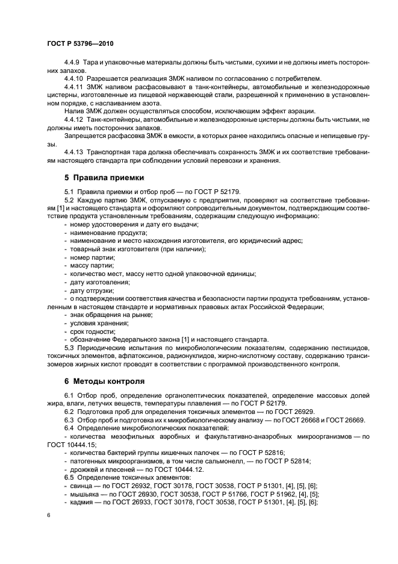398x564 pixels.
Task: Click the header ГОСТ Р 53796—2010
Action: point(80,44)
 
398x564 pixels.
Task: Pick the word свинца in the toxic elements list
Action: point(81,485)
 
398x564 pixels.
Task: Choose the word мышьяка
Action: point(85,493)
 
